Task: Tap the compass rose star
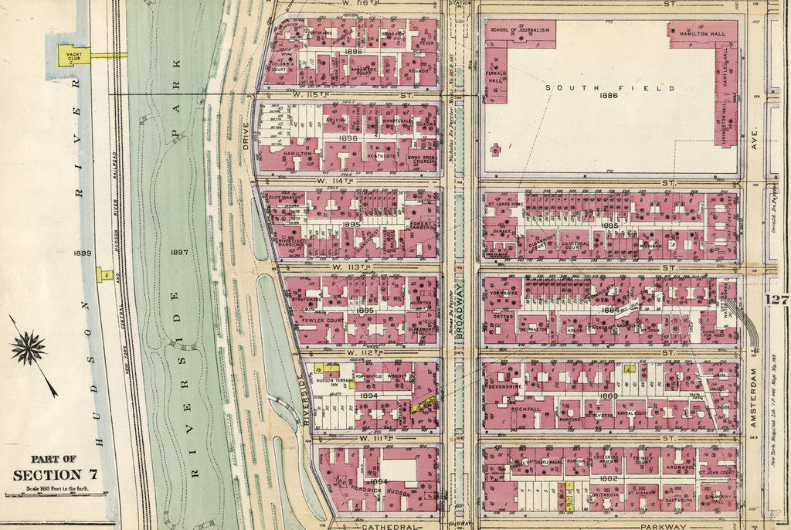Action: click(x=29, y=348)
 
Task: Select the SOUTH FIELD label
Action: click(x=610, y=88)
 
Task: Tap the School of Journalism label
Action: click(x=521, y=30)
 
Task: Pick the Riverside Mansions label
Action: click(x=291, y=242)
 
